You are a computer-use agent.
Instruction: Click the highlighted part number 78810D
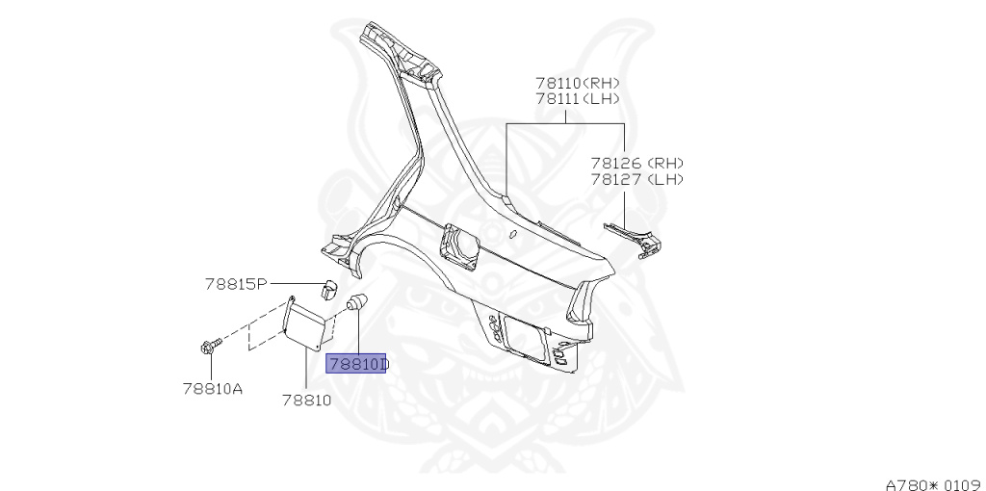356,364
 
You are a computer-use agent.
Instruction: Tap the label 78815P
235,284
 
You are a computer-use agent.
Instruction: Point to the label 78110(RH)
577,83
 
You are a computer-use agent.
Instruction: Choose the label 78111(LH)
577,98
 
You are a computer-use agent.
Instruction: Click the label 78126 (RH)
636,164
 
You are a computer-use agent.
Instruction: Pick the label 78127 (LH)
636,179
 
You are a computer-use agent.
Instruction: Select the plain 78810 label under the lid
306,399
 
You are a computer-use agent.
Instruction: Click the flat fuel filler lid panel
311,323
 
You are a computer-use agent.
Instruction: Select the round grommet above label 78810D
356,302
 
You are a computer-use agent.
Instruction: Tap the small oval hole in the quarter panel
512,233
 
